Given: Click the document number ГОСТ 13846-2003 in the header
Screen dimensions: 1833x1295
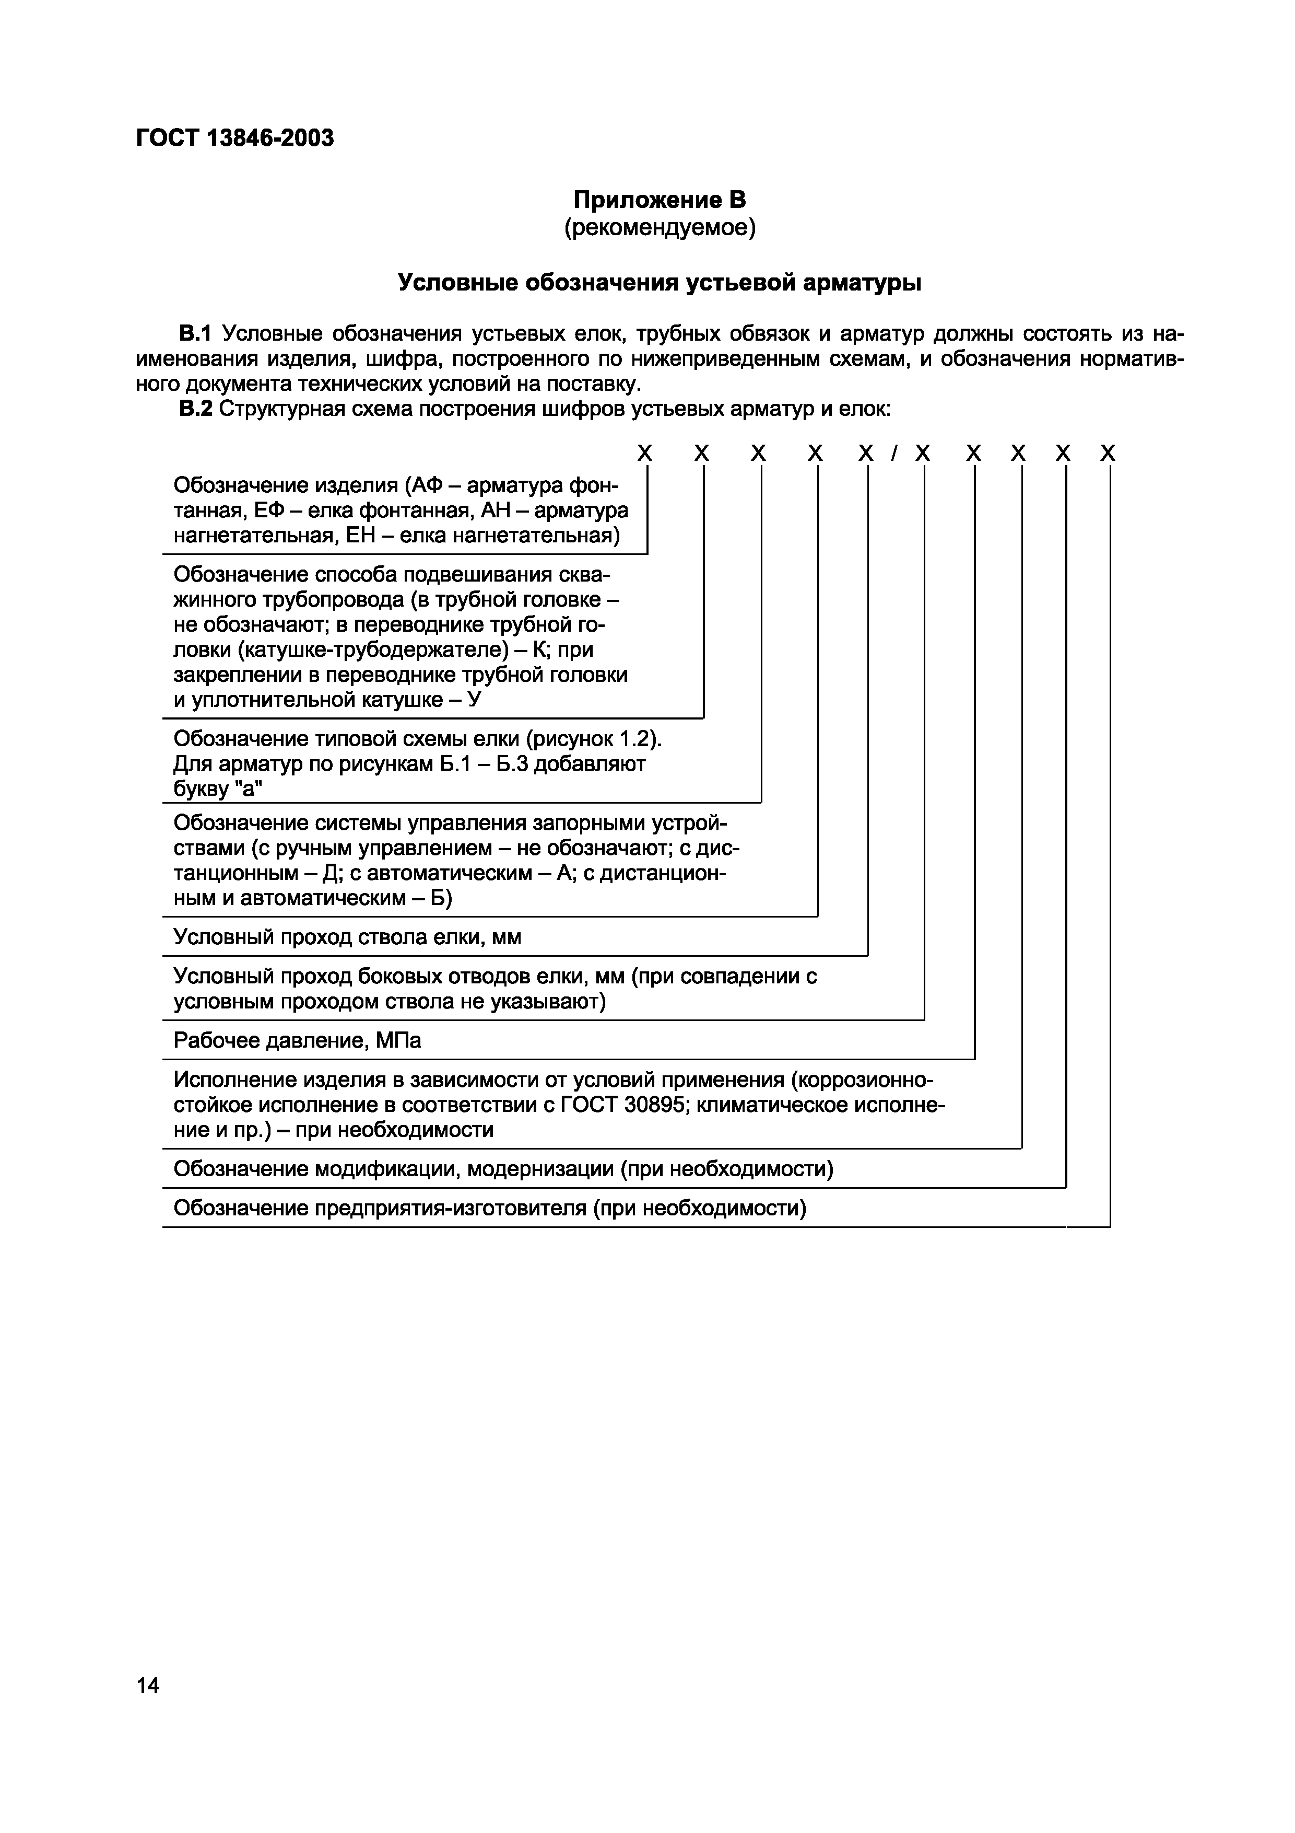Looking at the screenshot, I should pyautogui.click(x=234, y=138).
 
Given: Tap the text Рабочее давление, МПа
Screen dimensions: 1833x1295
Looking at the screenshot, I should pyautogui.click(x=297, y=1041).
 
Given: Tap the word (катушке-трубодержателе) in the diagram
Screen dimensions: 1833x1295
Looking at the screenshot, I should pyautogui.click(x=373, y=650).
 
